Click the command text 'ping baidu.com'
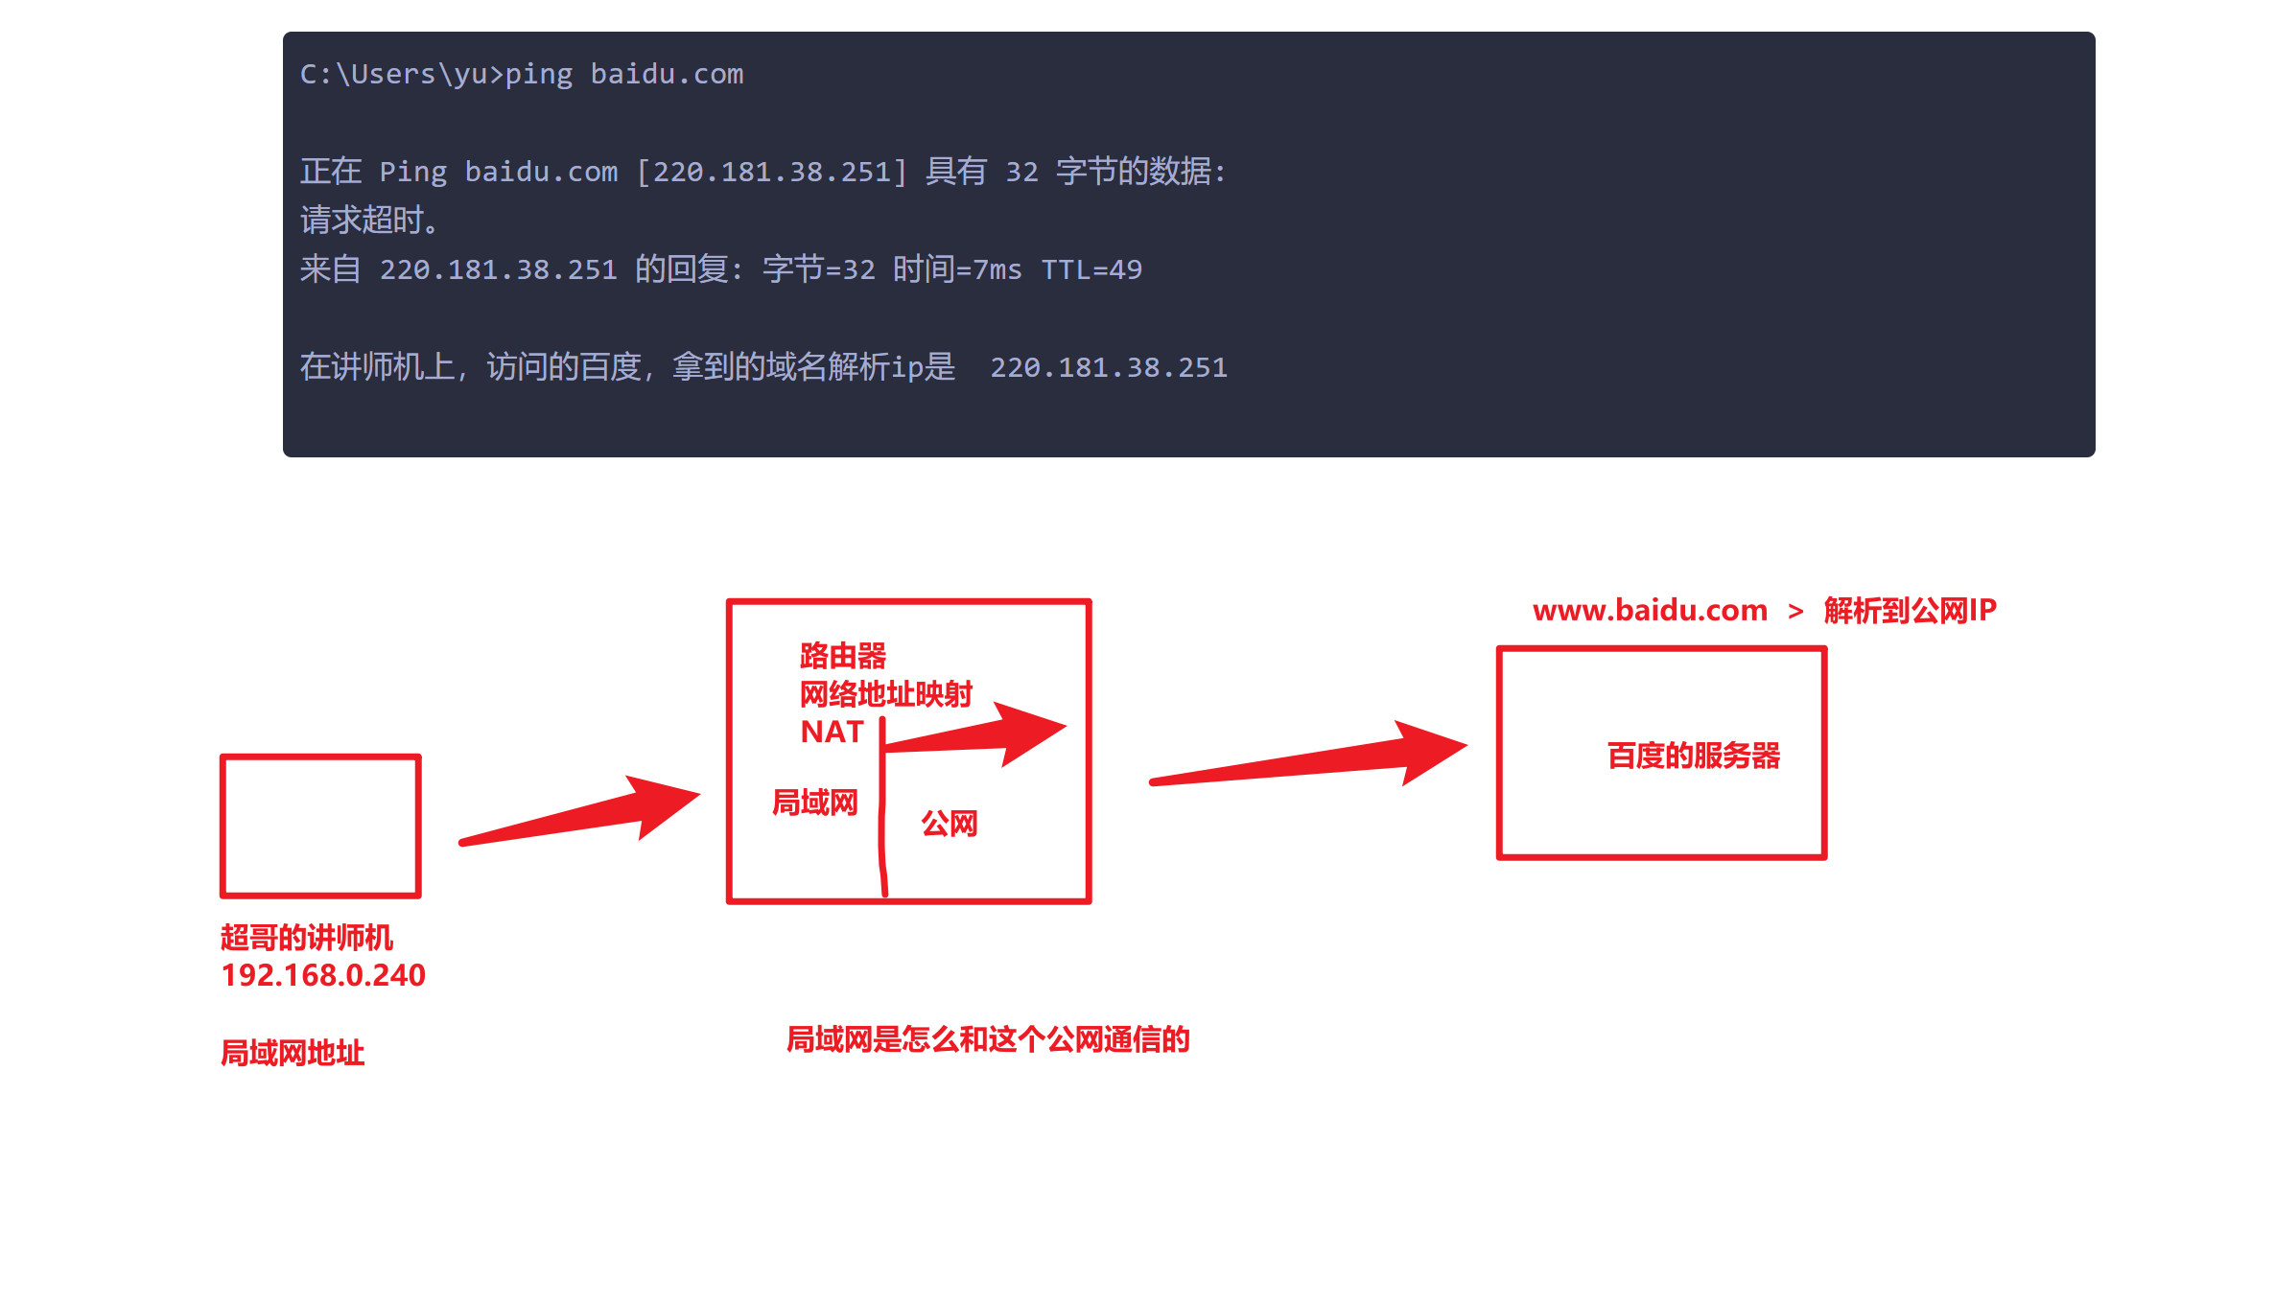click(624, 75)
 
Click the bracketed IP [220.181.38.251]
click(772, 173)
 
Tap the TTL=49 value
click(1091, 270)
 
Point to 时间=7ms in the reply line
click(957, 269)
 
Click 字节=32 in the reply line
click(819, 269)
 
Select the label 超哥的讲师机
click(307, 937)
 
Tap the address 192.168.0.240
click(323, 975)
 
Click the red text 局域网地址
click(293, 1053)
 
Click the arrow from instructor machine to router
click(579, 811)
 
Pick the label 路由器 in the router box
click(843, 656)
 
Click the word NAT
click(833, 732)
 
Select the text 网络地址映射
click(886, 693)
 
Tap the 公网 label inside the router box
click(950, 823)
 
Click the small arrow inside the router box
click(973, 733)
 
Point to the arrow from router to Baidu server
click(1308, 757)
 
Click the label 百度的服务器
click(1694, 756)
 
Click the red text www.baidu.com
click(1650, 610)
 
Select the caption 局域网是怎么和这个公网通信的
click(988, 1038)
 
